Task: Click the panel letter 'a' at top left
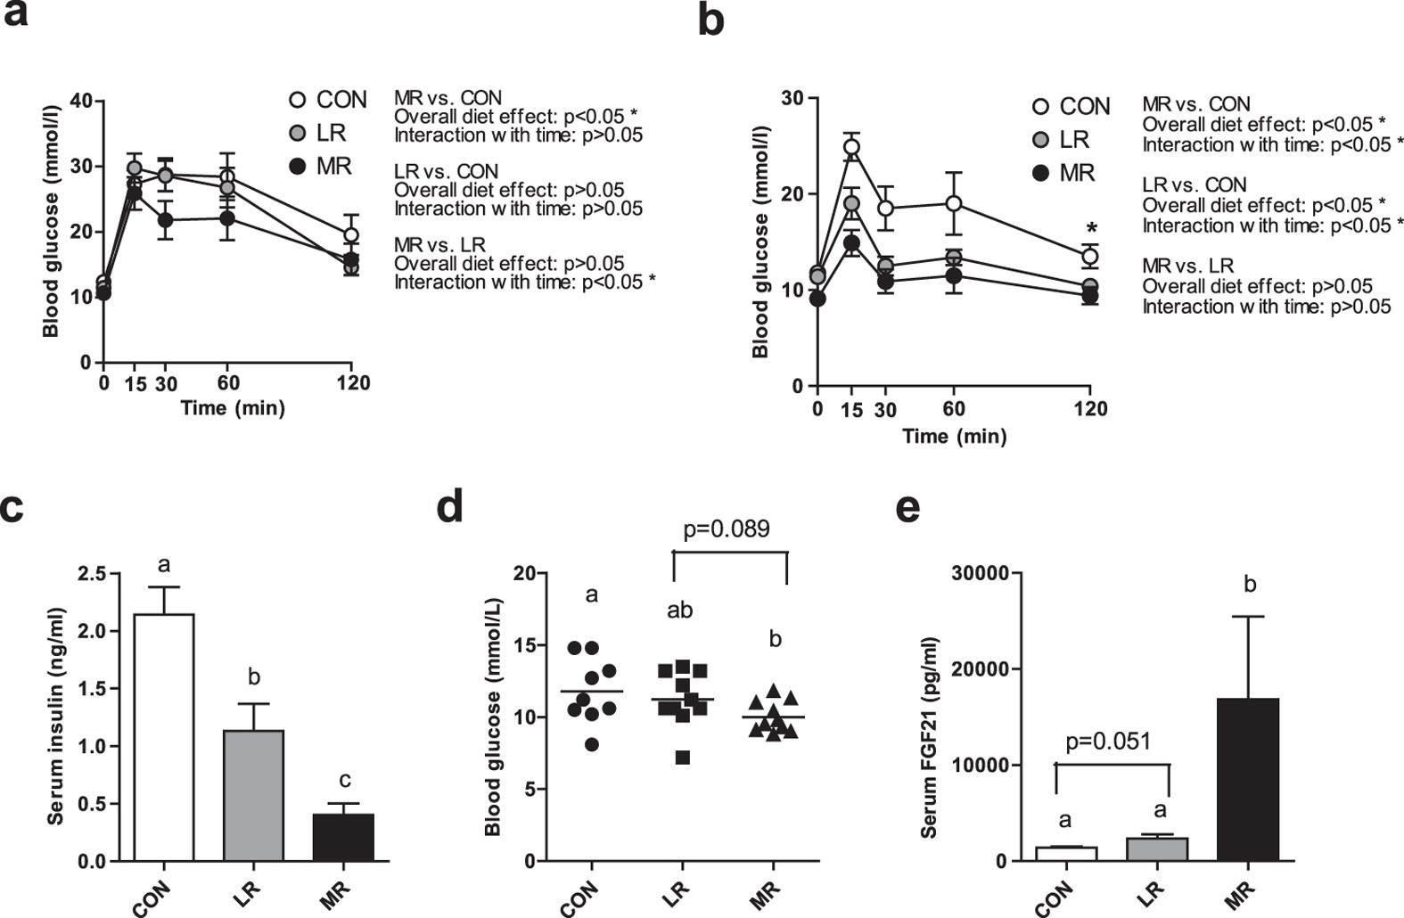point(16,15)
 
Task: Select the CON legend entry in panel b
point(1071,106)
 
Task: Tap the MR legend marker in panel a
point(299,167)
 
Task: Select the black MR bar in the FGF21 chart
point(1249,780)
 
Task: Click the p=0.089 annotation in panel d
point(726,529)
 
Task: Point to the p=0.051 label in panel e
point(1108,741)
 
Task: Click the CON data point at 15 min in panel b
point(852,147)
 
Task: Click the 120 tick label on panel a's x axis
point(353,383)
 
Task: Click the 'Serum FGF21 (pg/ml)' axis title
point(930,737)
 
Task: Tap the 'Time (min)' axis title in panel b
point(954,436)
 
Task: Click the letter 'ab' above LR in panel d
point(680,611)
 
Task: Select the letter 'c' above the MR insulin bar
point(344,781)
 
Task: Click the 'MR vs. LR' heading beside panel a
point(439,244)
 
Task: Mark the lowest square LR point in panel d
point(683,758)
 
